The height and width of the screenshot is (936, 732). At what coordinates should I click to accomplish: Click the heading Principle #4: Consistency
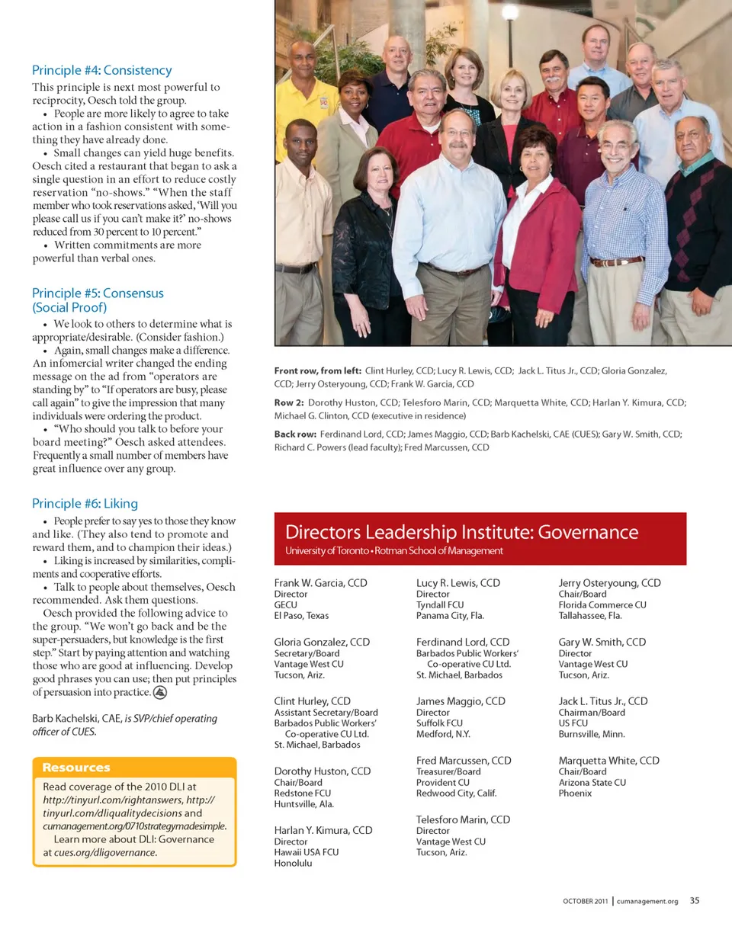pyautogui.click(x=101, y=70)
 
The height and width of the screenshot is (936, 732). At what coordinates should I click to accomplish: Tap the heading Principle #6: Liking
pyautogui.click(x=85, y=503)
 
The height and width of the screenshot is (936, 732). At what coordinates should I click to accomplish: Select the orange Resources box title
pyautogui.click(x=76, y=768)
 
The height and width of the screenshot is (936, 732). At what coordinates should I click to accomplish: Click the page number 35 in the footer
pyautogui.click(x=695, y=900)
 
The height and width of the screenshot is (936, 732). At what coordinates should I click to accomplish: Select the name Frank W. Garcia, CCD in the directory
pyautogui.click(x=320, y=583)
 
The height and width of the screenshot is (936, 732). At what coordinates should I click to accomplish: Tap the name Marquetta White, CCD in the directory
pyautogui.click(x=608, y=761)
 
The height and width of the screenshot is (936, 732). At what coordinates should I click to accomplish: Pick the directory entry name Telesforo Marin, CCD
pyautogui.click(x=463, y=819)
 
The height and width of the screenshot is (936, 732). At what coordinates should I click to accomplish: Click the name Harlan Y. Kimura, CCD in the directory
pyautogui.click(x=323, y=830)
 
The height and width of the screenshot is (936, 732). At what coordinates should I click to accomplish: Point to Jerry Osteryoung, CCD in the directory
pyautogui.click(x=609, y=583)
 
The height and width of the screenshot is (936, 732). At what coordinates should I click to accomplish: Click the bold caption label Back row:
pyautogui.click(x=295, y=434)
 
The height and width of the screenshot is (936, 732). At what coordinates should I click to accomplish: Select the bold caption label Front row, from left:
pyautogui.click(x=318, y=371)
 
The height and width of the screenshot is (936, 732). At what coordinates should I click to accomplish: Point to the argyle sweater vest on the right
pyautogui.click(x=698, y=229)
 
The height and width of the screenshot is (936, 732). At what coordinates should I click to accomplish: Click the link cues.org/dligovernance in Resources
pyautogui.click(x=105, y=852)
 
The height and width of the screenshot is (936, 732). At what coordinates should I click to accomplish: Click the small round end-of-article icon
pyautogui.click(x=161, y=693)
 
